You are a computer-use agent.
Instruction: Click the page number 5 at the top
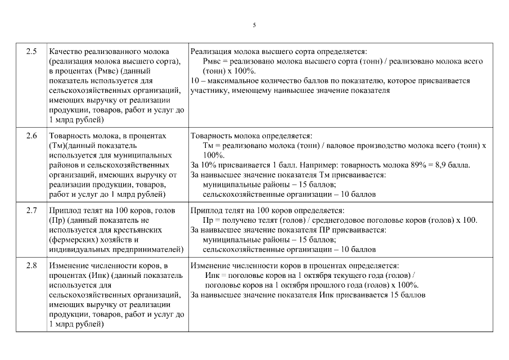point(254,25)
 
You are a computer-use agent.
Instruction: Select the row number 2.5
point(31,52)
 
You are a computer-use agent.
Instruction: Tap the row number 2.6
point(31,136)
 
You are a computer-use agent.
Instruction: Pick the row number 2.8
point(31,265)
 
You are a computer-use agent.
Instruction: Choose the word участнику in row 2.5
point(208,90)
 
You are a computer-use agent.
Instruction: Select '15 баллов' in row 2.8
point(407,294)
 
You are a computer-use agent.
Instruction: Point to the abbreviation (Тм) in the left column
point(57,146)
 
